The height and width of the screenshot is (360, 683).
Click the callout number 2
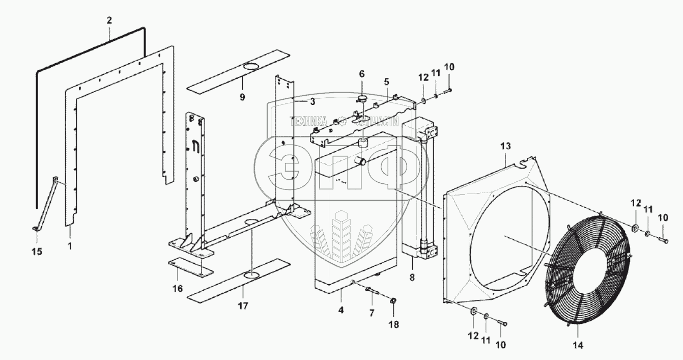(x=109, y=20)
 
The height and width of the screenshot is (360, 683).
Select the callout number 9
(x=242, y=97)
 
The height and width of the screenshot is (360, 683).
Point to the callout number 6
(x=362, y=74)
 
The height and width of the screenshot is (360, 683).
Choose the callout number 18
(x=393, y=324)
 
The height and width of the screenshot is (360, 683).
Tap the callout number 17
(x=243, y=306)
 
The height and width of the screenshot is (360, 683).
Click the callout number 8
(x=411, y=278)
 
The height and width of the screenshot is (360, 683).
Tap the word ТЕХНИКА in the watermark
(x=309, y=121)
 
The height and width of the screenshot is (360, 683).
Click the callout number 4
(x=341, y=309)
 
